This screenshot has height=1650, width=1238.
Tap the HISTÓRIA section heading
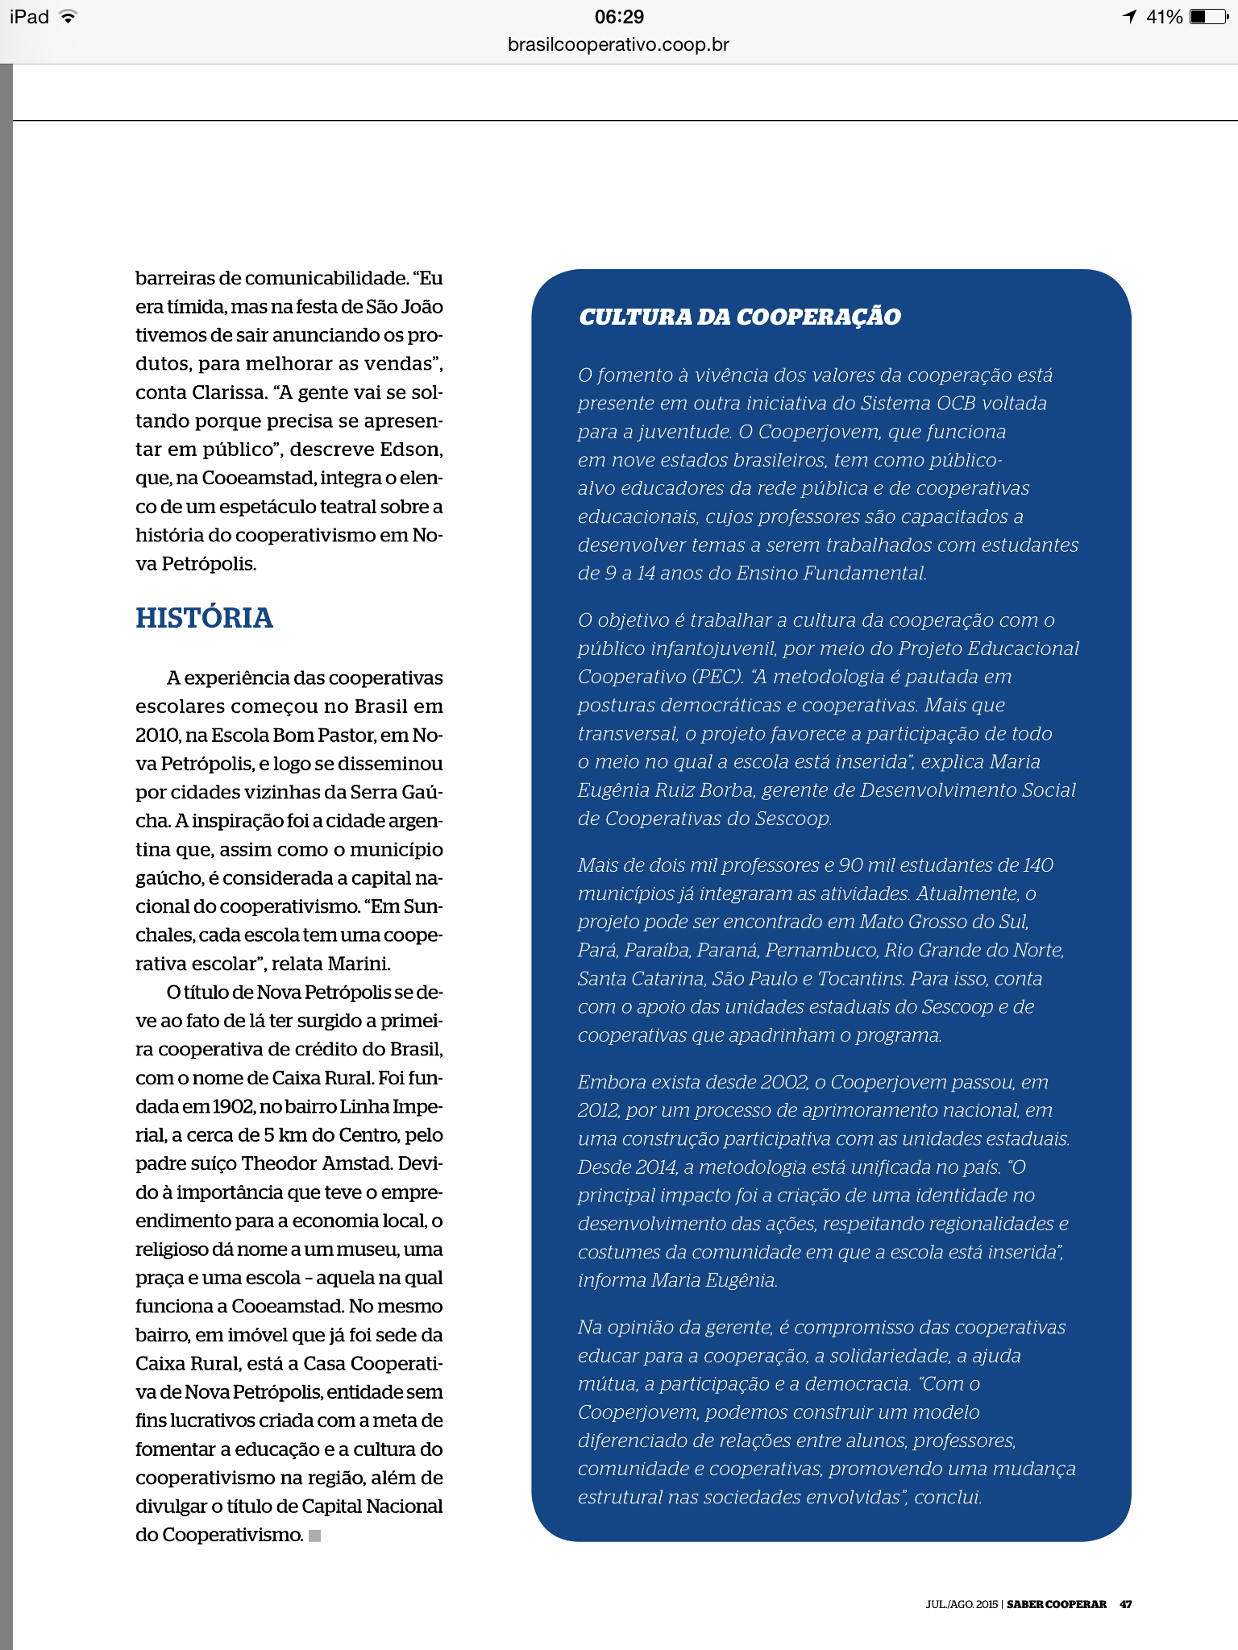pyautogui.click(x=204, y=618)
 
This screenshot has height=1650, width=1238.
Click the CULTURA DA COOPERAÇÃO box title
pyautogui.click(x=739, y=317)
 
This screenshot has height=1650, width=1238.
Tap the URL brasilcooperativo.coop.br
pyautogui.click(x=618, y=45)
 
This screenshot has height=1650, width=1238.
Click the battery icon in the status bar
pyautogui.click(x=1209, y=17)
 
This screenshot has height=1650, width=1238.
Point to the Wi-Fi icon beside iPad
pyautogui.click(x=69, y=17)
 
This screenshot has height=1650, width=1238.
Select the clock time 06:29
pyautogui.click(x=619, y=17)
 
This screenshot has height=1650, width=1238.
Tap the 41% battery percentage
pyautogui.click(x=1164, y=17)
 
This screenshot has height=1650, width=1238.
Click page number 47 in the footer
pyautogui.click(x=1125, y=1604)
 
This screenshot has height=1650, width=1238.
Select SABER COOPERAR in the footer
pyautogui.click(x=1056, y=1604)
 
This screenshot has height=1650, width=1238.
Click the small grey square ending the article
pyautogui.click(x=315, y=1536)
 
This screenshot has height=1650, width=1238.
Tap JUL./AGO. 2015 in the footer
pyautogui.click(x=961, y=1604)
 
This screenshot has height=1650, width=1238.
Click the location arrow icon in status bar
pyautogui.click(x=1129, y=17)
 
